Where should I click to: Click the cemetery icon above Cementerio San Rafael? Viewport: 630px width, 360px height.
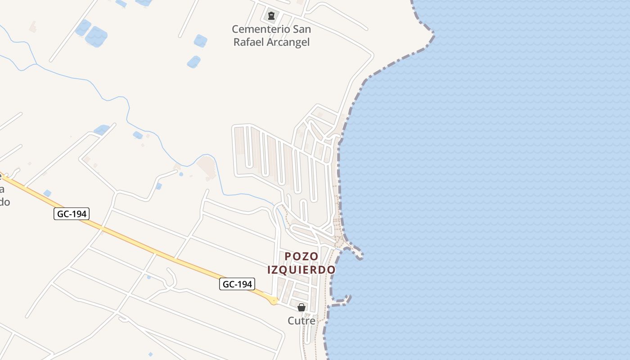pos(271,16)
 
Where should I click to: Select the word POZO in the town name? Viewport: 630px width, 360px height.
pos(301,256)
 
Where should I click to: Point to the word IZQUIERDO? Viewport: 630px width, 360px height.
pos(301,270)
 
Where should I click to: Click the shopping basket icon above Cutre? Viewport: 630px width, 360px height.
pos(301,307)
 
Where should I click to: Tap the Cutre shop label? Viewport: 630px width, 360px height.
pos(301,321)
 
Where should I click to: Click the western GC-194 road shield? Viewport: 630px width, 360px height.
pos(72,214)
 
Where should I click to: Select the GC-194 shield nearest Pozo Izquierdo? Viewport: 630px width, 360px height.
pos(237,284)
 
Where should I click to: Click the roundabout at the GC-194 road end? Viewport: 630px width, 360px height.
pos(274,301)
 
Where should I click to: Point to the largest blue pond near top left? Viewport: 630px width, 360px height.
pos(96,36)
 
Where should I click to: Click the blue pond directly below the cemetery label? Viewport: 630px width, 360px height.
pos(193,62)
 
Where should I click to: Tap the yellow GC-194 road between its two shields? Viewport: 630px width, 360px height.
pos(153,249)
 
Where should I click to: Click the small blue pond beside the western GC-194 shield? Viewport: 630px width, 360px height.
pos(47,193)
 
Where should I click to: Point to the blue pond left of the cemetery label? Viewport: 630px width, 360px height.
pos(200,41)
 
